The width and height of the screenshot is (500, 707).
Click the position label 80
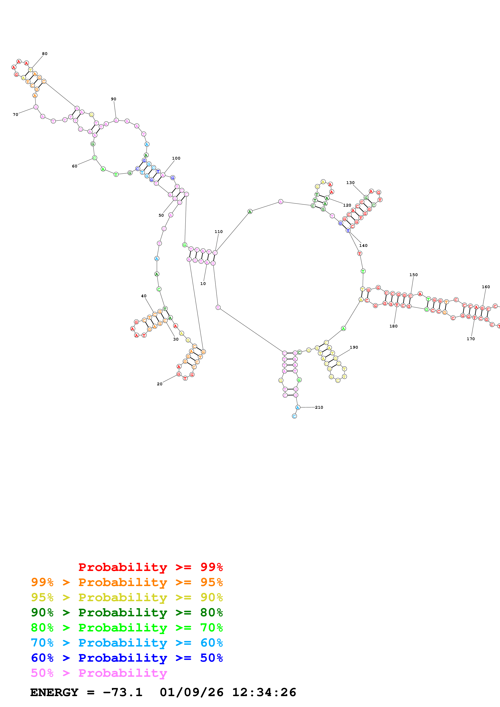click(45, 54)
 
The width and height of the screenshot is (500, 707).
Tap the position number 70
click(15, 114)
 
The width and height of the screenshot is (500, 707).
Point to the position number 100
click(176, 158)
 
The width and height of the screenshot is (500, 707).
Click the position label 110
click(218, 232)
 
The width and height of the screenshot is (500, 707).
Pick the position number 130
click(350, 183)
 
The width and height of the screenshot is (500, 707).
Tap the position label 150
click(413, 275)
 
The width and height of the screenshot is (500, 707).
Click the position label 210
click(319, 407)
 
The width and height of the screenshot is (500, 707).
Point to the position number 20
click(160, 384)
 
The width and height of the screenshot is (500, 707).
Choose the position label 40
click(144, 296)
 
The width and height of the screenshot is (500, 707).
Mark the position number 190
click(354, 347)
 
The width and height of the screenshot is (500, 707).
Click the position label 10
click(203, 284)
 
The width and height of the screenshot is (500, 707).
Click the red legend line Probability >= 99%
click(150, 567)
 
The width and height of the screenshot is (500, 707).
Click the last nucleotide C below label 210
click(294, 416)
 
